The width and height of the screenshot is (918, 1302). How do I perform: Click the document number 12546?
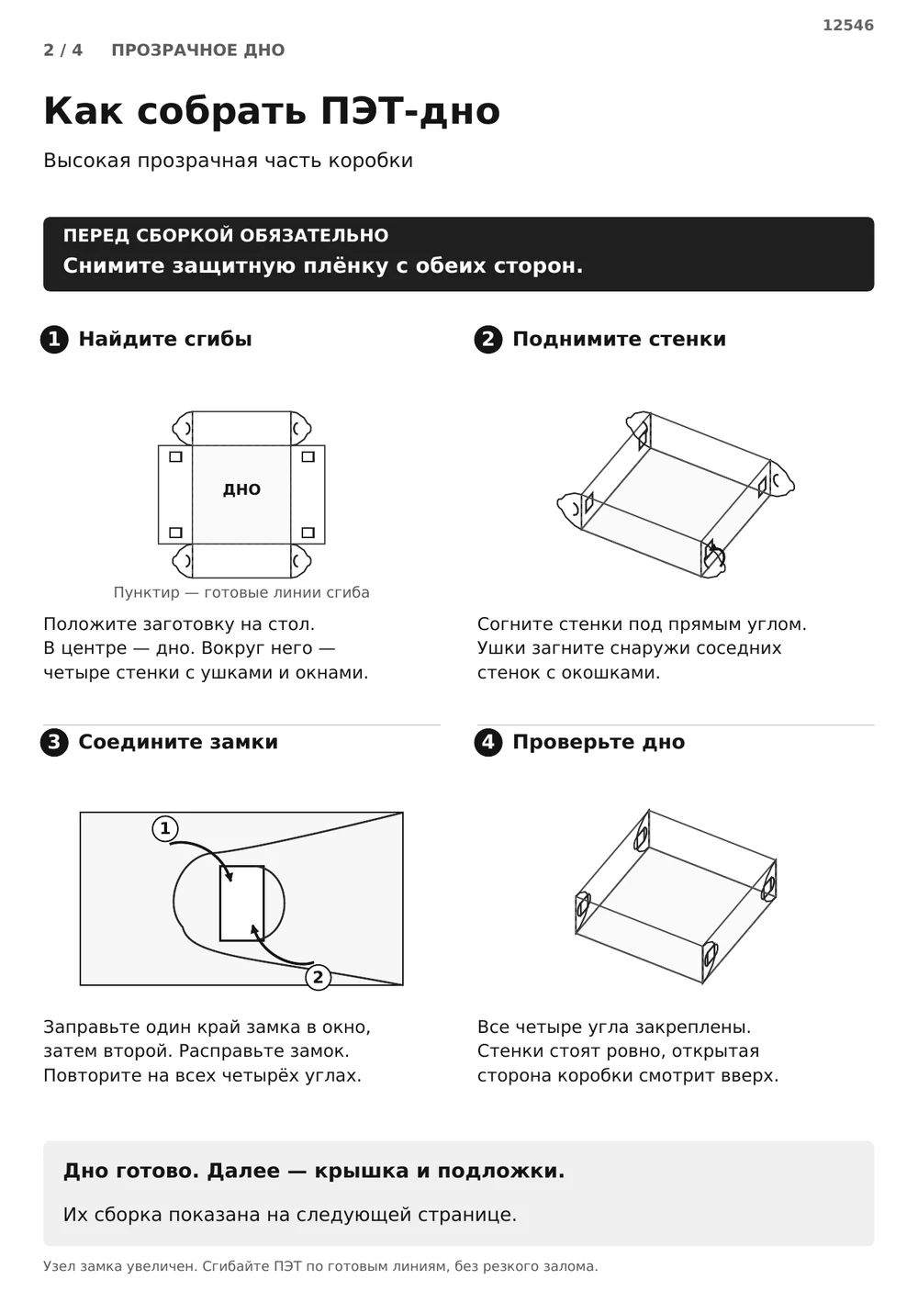click(x=847, y=25)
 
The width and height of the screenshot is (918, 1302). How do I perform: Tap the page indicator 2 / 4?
click(x=62, y=50)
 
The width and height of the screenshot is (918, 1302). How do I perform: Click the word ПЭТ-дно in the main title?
click(x=410, y=110)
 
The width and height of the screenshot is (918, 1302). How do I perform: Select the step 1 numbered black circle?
click(x=54, y=339)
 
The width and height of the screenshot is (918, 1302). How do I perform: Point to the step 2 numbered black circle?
click(x=488, y=339)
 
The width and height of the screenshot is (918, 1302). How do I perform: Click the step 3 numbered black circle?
click(x=54, y=742)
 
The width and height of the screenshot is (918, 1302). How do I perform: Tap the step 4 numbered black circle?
click(x=488, y=742)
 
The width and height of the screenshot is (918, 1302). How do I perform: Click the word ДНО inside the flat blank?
click(x=241, y=488)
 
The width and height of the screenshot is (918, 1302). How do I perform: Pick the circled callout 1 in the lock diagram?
click(x=165, y=828)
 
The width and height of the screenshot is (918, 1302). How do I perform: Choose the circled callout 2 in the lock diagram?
click(x=318, y=977)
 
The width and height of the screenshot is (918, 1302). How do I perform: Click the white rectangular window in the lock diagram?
click(x=241, y=903)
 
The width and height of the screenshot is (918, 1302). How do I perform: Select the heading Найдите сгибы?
click(x=165, y=339)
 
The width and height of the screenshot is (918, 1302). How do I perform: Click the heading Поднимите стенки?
click(x=619, y=339)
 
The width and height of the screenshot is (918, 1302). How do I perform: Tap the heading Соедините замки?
click(x=178, y=742)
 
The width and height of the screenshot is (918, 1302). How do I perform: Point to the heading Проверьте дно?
click(x=599, y=742)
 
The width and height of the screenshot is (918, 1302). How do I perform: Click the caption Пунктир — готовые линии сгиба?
click(x=241, y=592)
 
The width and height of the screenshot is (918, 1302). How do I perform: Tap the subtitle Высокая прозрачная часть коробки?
click(x=228, y=161)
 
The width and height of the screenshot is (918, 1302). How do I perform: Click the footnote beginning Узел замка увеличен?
click(x=320, y=1266)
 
